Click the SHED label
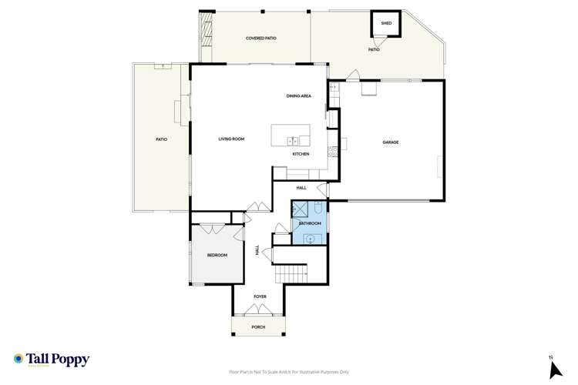[x=386, y=23]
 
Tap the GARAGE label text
[x=391, y=142]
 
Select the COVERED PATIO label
[x=260, y=38]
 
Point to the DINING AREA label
[x=298, y=96]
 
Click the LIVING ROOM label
[x=231, y=139]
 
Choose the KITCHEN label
[x=301, y=154]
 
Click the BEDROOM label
[x=217, y=255]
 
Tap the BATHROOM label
[x=310, y=223]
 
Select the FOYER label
[x=260, y=296]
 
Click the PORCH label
[x=258, y=327]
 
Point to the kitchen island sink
[x=294, y=141]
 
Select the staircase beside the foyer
[x=291, y=273]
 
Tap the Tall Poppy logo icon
[x=18, y=359]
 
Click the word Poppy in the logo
[x=72, y=359]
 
